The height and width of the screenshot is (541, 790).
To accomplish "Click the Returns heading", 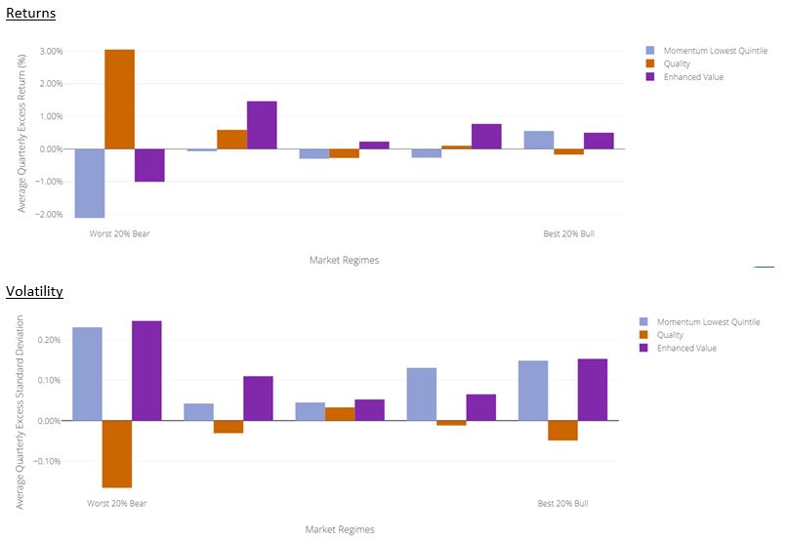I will (30, 14).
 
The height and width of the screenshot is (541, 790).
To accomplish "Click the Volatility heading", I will (34, 291).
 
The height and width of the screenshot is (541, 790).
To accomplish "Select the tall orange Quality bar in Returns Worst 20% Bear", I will (119, 99).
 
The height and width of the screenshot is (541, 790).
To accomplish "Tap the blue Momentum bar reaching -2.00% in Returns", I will (89, 183).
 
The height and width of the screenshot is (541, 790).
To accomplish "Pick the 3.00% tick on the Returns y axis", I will (51, 51).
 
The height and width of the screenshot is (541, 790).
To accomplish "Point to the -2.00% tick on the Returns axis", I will (49, 215).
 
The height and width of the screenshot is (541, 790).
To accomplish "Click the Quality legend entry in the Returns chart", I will (678, 63).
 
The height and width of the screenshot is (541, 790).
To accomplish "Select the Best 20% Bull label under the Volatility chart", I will (562, 504).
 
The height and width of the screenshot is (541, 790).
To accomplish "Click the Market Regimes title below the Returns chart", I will (344, 260).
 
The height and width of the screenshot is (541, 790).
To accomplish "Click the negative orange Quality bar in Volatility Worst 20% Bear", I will (116, 454).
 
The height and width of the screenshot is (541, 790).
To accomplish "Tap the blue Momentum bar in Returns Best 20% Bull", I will (538, 140).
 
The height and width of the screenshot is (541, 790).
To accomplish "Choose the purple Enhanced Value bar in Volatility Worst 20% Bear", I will (146, 371).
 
